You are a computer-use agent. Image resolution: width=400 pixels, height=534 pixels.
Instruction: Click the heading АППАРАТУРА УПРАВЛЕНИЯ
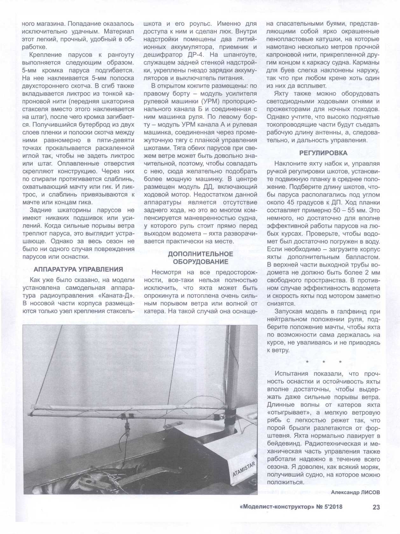point(78,269)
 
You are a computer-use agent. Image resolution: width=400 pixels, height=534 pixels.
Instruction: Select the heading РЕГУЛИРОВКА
point(323,153)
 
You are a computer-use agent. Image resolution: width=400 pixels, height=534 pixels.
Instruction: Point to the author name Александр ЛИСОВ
point(355,492)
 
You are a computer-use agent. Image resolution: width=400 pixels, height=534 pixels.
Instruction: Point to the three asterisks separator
point(323,362)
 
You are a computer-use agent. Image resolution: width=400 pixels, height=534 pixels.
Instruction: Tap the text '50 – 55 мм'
point(344,210)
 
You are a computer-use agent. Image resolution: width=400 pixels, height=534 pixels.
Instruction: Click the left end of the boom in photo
point(30,414)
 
